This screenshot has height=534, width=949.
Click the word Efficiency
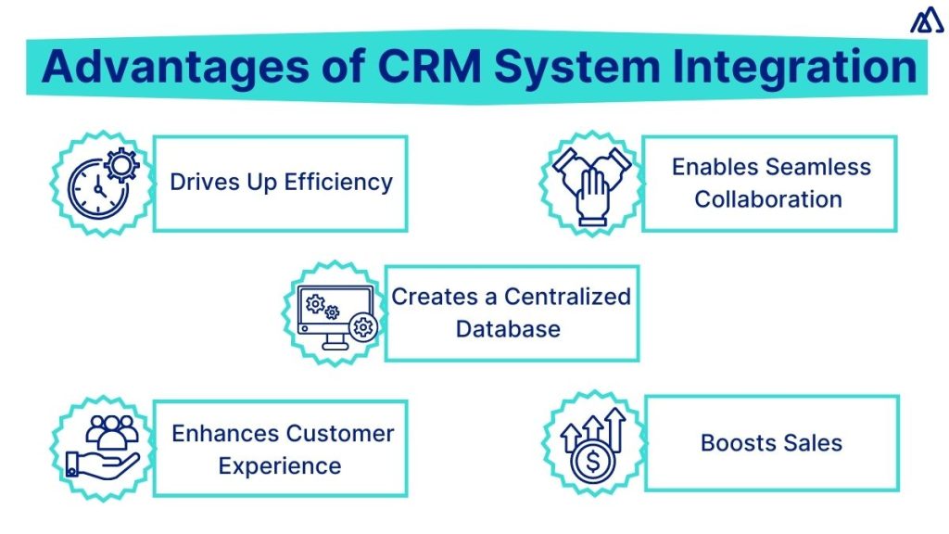click(x=338, y=182)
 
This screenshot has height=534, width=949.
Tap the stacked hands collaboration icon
click(x=591, y=184)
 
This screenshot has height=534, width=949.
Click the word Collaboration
click(x=768, y=199)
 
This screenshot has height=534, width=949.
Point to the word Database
click(x=508, y=329)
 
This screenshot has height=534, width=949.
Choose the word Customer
click(x=339, y=433)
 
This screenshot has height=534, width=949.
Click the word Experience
click(x=279, y=465)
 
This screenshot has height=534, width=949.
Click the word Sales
click(x=813, y=443)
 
